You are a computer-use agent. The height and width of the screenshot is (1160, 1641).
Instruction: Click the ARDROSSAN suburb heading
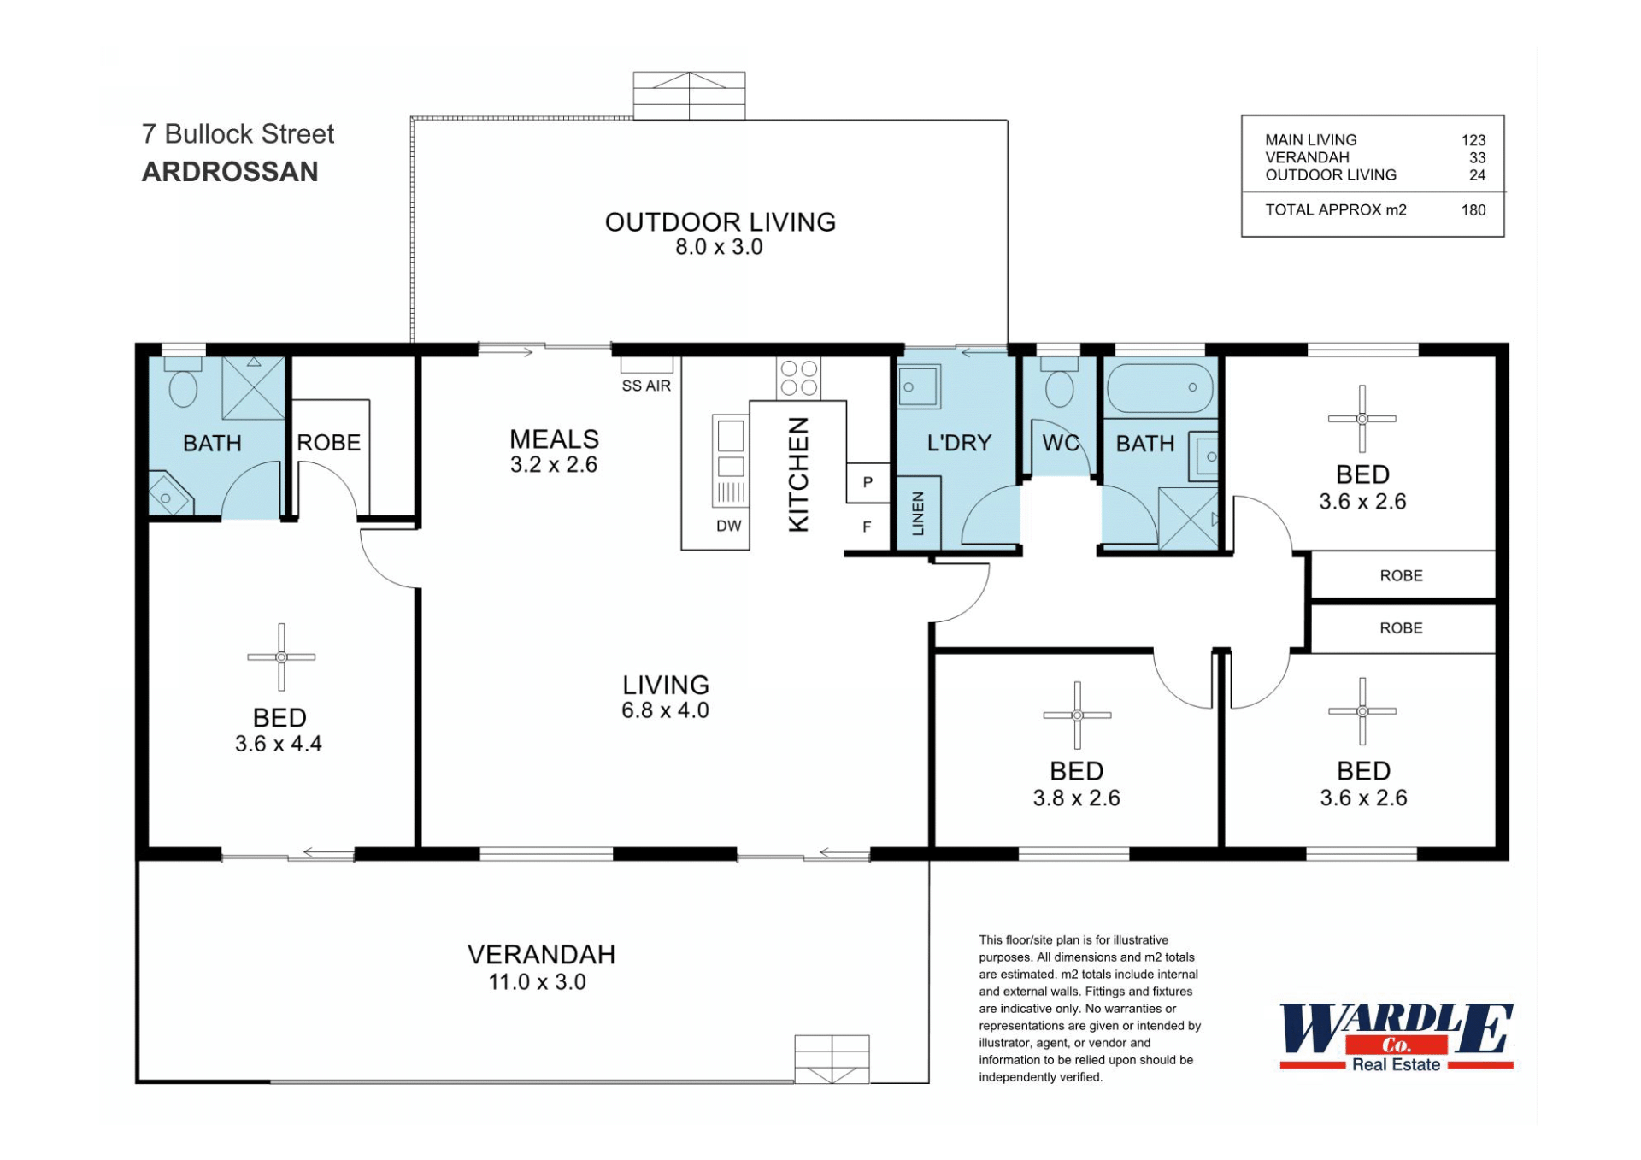click(x=230, y=172)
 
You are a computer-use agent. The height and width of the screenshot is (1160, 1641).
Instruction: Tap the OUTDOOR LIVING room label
click(x=721, y=222)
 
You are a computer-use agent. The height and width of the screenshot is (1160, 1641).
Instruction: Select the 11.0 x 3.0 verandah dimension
click(x=537, y=982)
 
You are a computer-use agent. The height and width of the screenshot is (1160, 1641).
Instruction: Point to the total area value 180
click(x=1473, y=210)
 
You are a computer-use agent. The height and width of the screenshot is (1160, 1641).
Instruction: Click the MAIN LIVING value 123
click(x=1473, y=140)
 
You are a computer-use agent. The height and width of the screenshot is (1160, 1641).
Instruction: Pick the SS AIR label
click(x=646, y=386)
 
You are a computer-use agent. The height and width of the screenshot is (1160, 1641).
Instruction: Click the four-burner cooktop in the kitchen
click(x=798, y=378)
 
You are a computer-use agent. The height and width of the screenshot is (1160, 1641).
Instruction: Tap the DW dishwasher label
click(x=729, y=527)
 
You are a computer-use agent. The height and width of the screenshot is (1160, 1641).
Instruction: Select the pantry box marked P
click(x=868, y=482)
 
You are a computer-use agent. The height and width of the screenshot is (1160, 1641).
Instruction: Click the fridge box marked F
click(x=868, y=527)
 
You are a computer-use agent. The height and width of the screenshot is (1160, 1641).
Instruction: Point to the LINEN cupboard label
click(x=918, y=513)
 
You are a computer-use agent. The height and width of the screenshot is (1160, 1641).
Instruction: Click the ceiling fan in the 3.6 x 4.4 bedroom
click(x=281, y=657)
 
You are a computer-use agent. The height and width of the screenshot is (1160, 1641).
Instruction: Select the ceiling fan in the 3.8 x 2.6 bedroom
click(x=1077, y=715)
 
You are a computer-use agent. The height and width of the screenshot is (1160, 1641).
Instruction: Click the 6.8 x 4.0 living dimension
click(x=665, y=710)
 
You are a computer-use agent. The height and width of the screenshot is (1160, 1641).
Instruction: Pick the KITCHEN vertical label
click(x=798, y=475)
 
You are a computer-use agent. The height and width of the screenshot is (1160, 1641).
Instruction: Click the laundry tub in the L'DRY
click(x=919, y=387)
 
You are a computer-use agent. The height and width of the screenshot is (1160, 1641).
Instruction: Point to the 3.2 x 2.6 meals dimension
click(x=554, y=465)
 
